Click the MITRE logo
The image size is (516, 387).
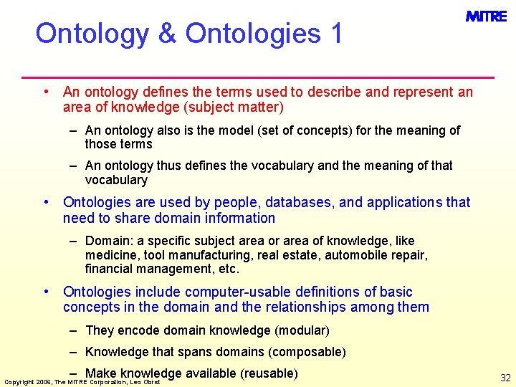tap(486, 16)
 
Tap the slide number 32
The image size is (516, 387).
tap(505, 378)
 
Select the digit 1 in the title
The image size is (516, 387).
tap(336, 33)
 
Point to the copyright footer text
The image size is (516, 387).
tap(82, 382)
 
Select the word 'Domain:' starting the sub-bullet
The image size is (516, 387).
tap(107, 241)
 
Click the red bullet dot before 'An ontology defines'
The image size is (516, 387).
tap(46, 91)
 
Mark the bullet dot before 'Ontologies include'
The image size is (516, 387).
tap(46, 291)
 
